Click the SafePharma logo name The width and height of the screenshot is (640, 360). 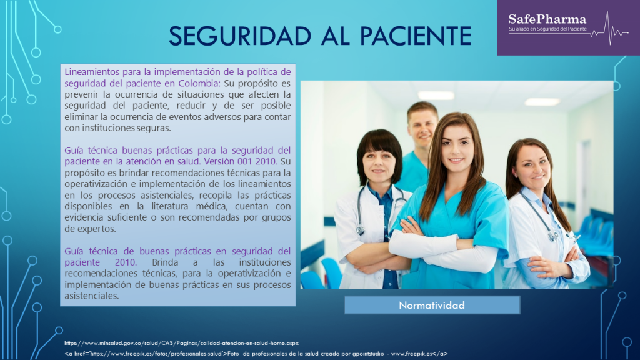[x=547, y=18]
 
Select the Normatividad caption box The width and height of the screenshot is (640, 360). [x=432, y=305]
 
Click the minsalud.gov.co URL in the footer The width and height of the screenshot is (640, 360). [x=182, y=342]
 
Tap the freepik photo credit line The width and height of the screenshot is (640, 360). [x=256, y=353]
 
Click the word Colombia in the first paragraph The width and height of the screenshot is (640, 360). [x=198, y=83]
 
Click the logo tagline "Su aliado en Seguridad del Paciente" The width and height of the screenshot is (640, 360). [x=547, y=29]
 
